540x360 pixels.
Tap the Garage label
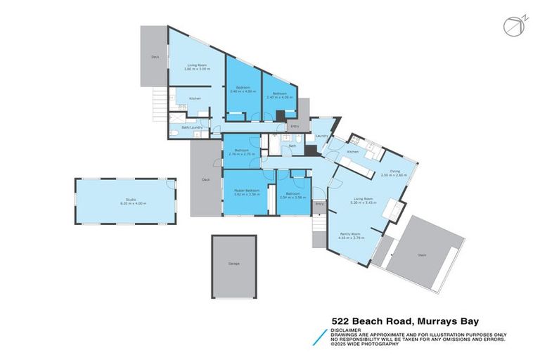[233, 264]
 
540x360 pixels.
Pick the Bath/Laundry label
[192, 127]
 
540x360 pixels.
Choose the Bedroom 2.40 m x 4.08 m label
[279, 94]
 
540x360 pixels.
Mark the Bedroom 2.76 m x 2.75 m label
[242, 152]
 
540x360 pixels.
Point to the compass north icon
[513, 26]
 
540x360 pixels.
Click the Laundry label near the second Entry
[322, 136]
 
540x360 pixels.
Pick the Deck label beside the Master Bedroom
[206, 180]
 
